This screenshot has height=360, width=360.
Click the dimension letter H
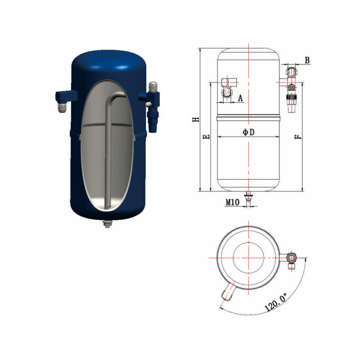[195, 120]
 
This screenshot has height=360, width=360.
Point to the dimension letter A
[240, 98]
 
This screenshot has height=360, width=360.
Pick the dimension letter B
[307, 60]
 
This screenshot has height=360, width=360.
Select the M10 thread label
[231, 202]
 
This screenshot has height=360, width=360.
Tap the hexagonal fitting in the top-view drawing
[292, 258]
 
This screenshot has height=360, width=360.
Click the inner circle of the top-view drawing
[248, 257]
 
